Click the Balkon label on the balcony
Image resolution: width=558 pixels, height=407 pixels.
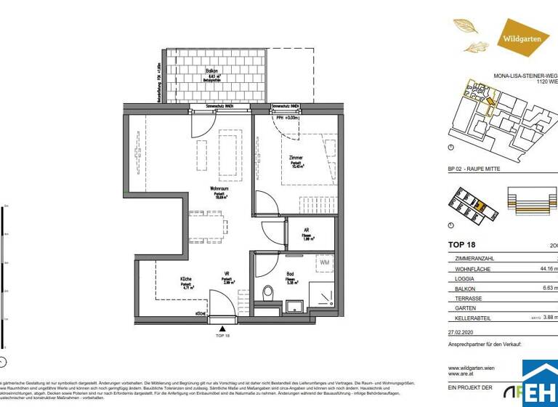pyautogui.click(x=191, y=70)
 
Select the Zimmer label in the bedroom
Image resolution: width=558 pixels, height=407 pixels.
pyautogui.click(x=296, y=158)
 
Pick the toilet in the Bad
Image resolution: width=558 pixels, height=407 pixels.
pyautogui.click(x=267, y=294)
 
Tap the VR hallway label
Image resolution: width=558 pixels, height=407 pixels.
pyautogui.click(x=227, y=275)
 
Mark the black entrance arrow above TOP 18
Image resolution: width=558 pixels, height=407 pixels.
pyautogui.click(x=222, y=327)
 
